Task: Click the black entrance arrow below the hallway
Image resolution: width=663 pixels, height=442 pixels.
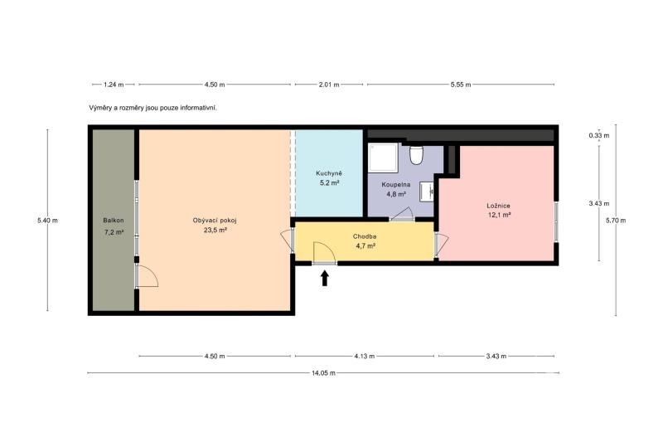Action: click(325, 279)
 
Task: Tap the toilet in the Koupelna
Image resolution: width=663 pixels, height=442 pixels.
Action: click(417, 154)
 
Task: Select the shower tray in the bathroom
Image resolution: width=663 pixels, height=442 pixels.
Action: click(383, 158)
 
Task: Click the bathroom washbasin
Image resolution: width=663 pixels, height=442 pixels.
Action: click(427, 192)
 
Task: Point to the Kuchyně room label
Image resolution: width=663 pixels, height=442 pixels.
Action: click(328, 173)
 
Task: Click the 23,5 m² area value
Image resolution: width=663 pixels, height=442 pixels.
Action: click(215, 230)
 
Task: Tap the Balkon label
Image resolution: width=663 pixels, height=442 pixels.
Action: click(114, 221)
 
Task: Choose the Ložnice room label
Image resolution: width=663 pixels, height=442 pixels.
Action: click(499, 206)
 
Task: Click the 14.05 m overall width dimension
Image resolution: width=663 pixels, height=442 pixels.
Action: click(323, 373)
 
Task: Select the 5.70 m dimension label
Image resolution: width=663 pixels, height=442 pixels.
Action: click(616, 221)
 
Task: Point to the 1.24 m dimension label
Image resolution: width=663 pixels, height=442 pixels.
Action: click(114, 85)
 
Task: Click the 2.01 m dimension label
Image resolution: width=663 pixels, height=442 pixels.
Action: click(329, 85)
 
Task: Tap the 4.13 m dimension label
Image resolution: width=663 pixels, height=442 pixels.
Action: click(365, 356)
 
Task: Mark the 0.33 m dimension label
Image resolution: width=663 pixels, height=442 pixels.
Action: click(599, 136)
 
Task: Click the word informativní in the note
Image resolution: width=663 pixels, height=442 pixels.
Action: click(199, 108)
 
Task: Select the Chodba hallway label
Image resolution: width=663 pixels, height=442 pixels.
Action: click(365, 237)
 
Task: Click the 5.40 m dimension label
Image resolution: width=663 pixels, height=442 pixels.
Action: click(47, 221)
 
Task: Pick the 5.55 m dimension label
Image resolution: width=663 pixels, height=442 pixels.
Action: click(461, 85)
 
